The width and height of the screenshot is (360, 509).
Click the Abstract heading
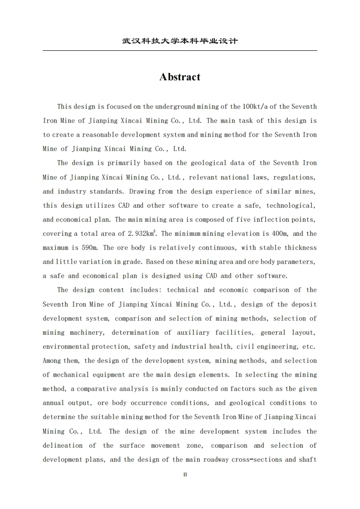[x=180, y=77]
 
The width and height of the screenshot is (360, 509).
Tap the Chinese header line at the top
[x=180, y=41]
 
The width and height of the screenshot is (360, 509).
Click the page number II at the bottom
[x=185, y=475]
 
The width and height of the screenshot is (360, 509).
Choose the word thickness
[x=301, y=248]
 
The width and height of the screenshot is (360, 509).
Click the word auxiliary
[x=193, y=333]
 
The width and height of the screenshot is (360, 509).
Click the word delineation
[x=63, y=445]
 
